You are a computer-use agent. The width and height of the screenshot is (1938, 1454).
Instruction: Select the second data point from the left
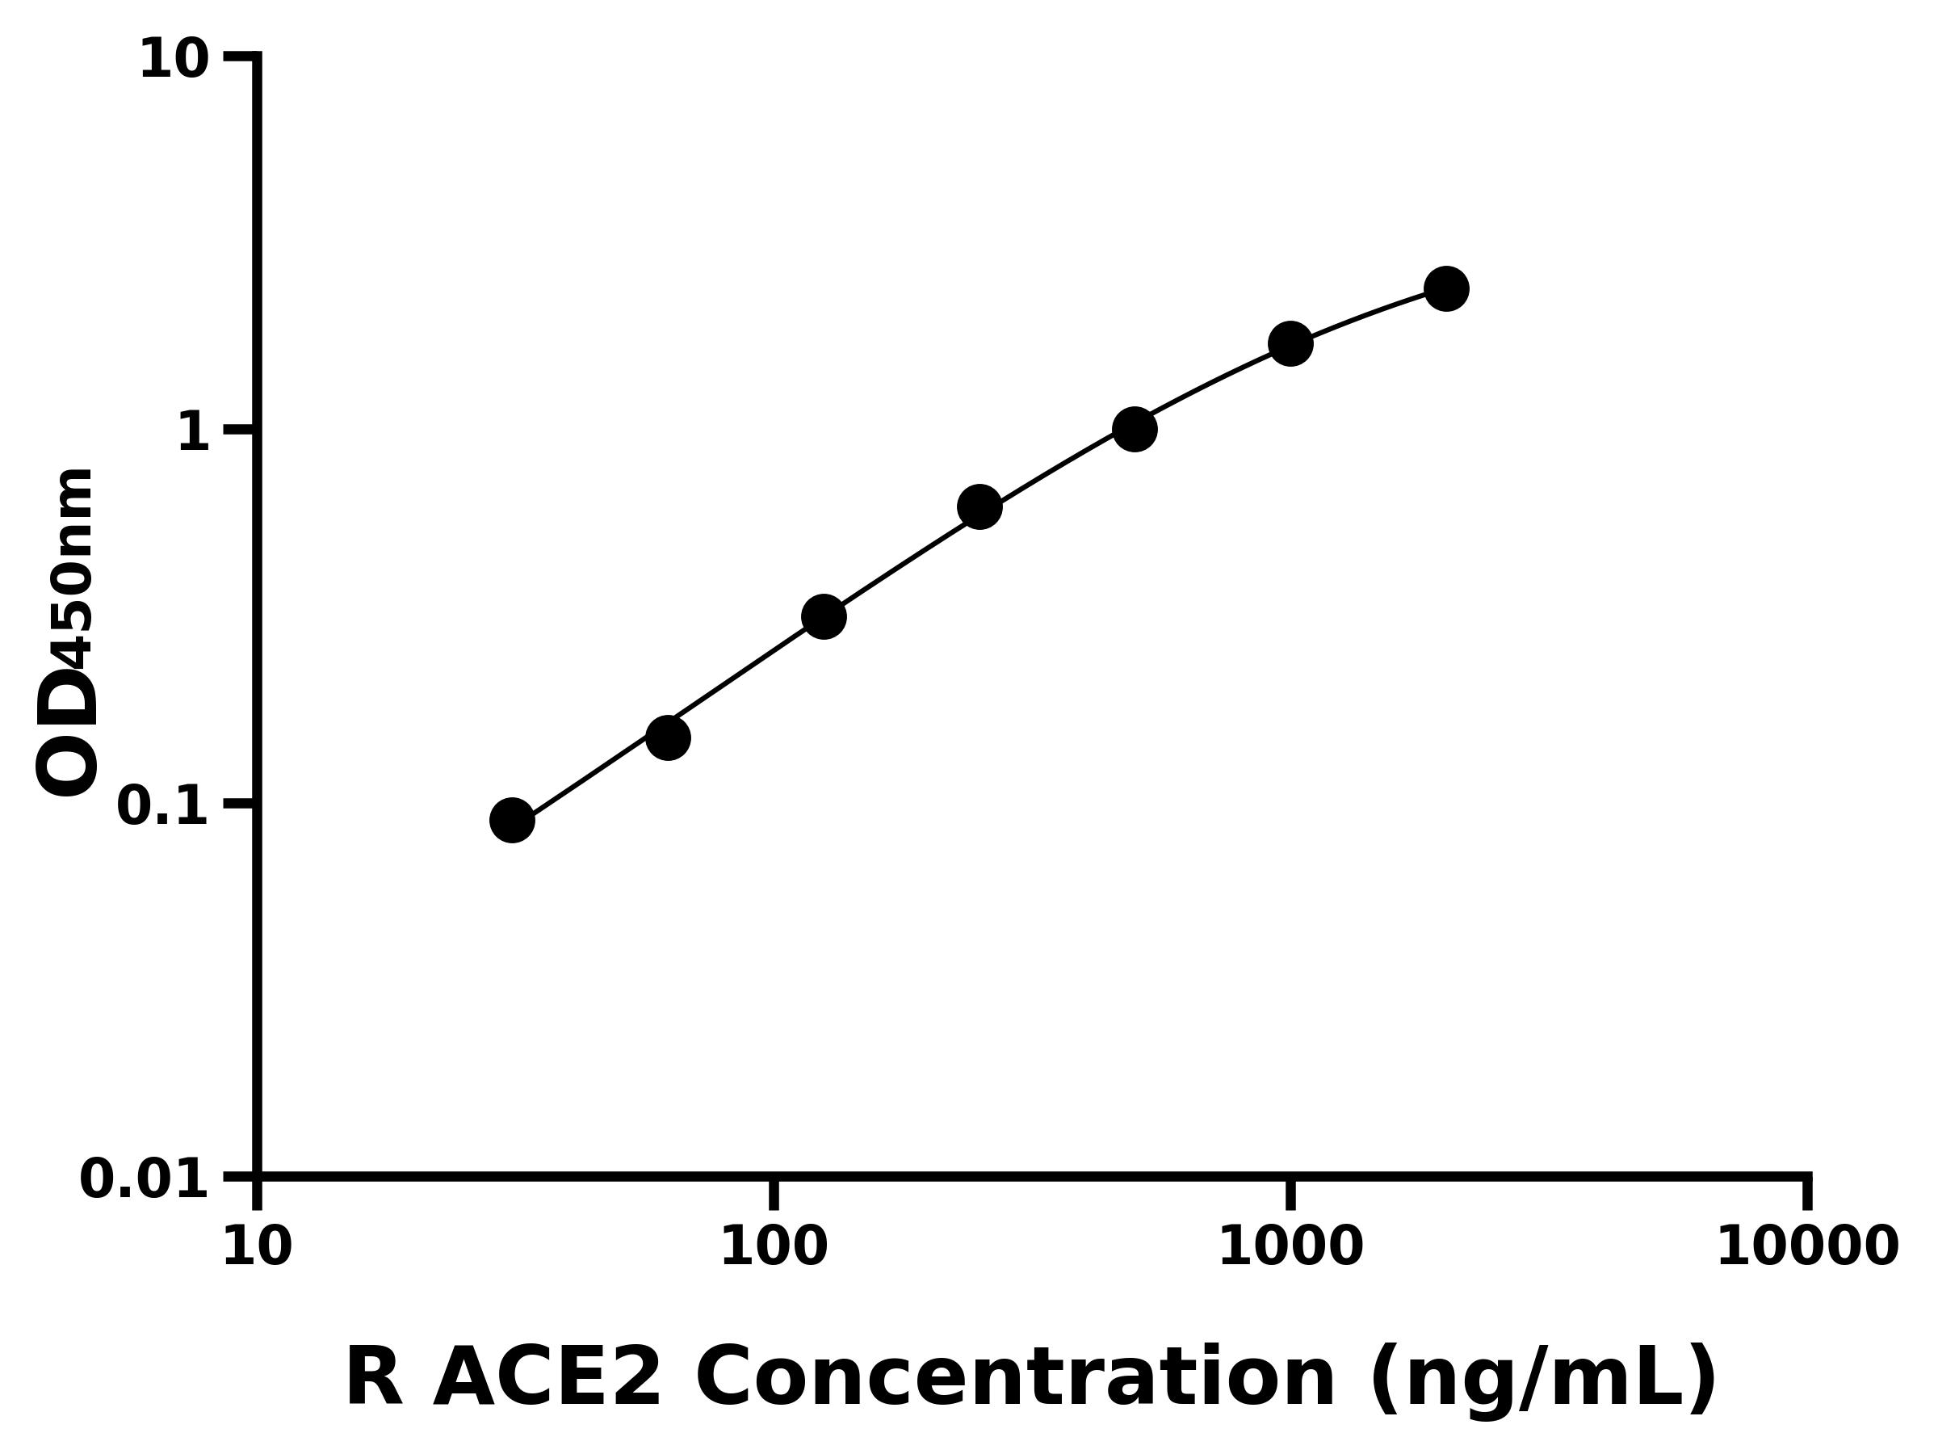click(669, 738)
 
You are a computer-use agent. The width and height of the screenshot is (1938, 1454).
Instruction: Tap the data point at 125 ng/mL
click(824, 617)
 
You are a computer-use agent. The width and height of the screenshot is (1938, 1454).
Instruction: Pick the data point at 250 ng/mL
click(979, 506)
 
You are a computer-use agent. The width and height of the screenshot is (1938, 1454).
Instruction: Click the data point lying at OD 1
click(1135, 430)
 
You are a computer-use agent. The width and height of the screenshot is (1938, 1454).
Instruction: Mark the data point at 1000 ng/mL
click(1290, 342)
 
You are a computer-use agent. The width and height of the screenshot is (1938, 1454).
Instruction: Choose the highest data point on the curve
click(1446, 288)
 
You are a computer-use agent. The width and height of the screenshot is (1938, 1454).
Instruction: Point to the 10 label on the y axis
click(174, 61)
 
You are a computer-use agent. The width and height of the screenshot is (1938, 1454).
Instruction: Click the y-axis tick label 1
click(194, 432)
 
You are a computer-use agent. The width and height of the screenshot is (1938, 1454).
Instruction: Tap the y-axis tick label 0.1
click(163, 806)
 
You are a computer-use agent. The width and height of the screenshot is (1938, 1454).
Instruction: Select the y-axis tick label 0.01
click(145, 1179)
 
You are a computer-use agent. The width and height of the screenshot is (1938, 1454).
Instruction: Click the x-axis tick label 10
click(257, 1246)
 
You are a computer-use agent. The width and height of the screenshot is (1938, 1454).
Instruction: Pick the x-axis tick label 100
click(774, 1246)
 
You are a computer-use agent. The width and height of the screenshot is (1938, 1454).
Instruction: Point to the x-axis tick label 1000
click(1290, 1246)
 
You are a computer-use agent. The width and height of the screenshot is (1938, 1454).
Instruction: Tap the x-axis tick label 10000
click(1807, 1246)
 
